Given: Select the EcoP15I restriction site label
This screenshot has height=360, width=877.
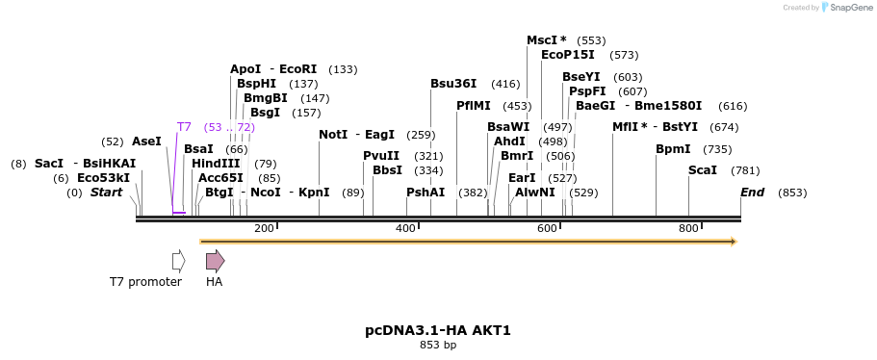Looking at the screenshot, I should coord(568,55).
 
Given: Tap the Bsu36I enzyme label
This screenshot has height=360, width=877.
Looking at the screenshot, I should coord(453,84).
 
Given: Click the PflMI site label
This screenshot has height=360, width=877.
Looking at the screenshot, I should coord(474,106).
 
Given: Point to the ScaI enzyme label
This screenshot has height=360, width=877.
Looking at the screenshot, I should coord(703,170).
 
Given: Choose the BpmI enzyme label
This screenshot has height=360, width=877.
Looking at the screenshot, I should coord(673,149).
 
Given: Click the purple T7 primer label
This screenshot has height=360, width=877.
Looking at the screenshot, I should coord(185,127).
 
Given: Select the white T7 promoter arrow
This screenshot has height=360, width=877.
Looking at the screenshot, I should coord(178,261).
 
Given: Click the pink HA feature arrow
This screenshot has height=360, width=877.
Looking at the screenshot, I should coord(215,261).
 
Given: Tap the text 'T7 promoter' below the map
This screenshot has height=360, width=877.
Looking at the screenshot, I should coord(145,282).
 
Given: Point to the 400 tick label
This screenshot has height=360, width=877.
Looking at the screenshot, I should coord(405,228).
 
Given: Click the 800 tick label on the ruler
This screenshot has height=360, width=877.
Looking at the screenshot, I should coord(688,228).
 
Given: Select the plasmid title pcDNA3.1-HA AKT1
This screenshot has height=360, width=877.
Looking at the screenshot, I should coord(438,330).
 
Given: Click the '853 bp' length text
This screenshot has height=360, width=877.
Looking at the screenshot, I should coord(438,345).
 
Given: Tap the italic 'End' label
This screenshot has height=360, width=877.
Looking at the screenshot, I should coord(752,193).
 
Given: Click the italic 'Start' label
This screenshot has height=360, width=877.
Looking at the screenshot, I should coord(106,193).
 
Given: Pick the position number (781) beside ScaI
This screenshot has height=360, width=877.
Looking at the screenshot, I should coord(745,170).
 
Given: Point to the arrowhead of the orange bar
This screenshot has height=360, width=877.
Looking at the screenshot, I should coord(734,242).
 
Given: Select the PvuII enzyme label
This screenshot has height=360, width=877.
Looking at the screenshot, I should coord(381,156).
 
